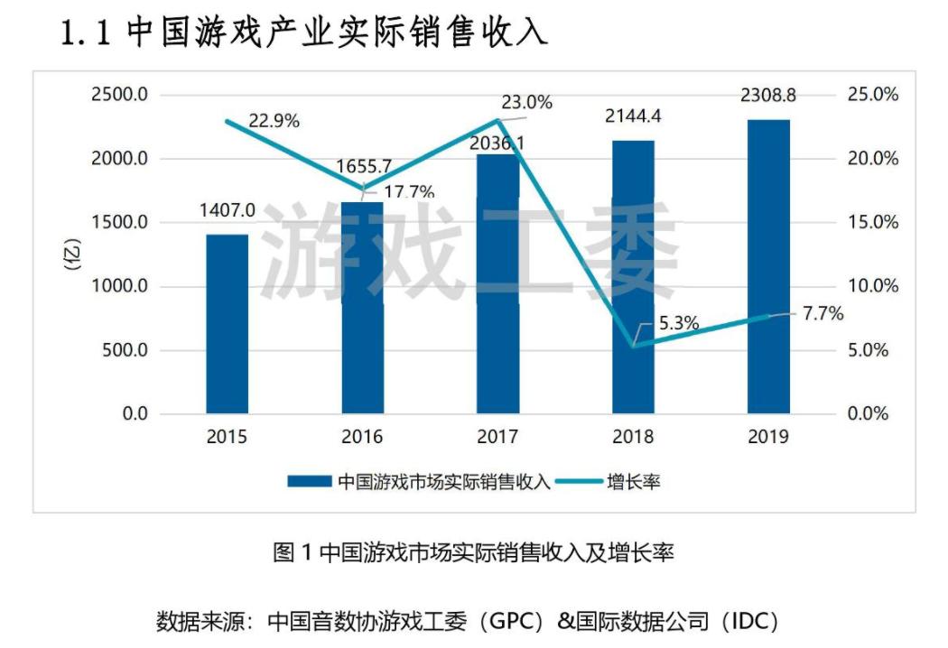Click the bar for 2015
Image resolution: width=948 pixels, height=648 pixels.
pos(227,324)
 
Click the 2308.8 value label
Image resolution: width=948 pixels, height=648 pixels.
pos(768,93)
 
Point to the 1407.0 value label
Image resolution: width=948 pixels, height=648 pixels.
pos(227,210)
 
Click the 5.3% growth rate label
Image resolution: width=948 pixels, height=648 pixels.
pos(674,320)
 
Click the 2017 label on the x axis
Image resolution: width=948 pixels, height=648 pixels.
pos(497,437)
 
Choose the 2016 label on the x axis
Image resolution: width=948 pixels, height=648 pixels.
pos(362,437)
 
